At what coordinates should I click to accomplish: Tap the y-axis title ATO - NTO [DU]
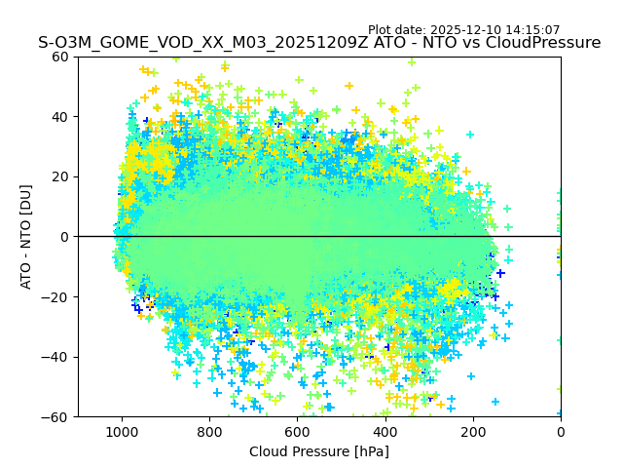(x=27, y=237)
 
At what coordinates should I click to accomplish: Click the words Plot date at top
(x=398, y=30)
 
